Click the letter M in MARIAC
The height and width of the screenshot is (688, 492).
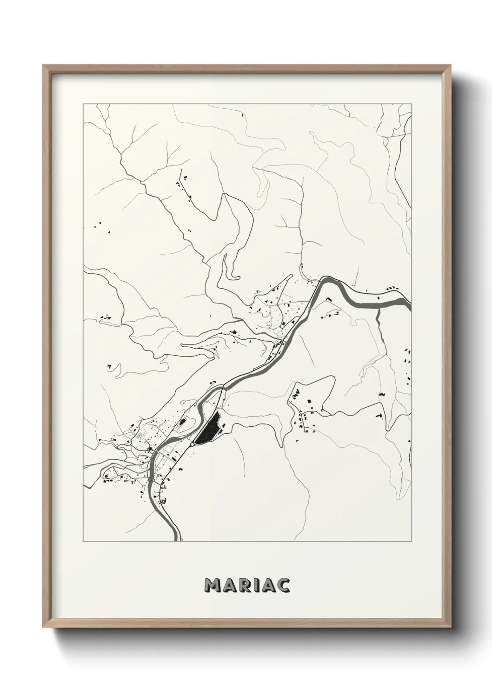click(x=212, y=585)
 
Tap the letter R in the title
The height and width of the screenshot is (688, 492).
click(x=246, y=585)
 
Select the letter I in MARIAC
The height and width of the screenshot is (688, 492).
click(x=259, y=585)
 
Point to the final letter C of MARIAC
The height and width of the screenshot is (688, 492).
click(x=283, y=585)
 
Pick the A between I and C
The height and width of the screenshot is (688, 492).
click(x=270, y=585)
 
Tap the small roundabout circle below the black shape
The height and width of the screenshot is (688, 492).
click(x=192, y=444)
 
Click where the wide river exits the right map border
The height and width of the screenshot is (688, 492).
click(x=410, y=307)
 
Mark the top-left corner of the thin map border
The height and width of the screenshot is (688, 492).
click(x=83, y=104)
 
